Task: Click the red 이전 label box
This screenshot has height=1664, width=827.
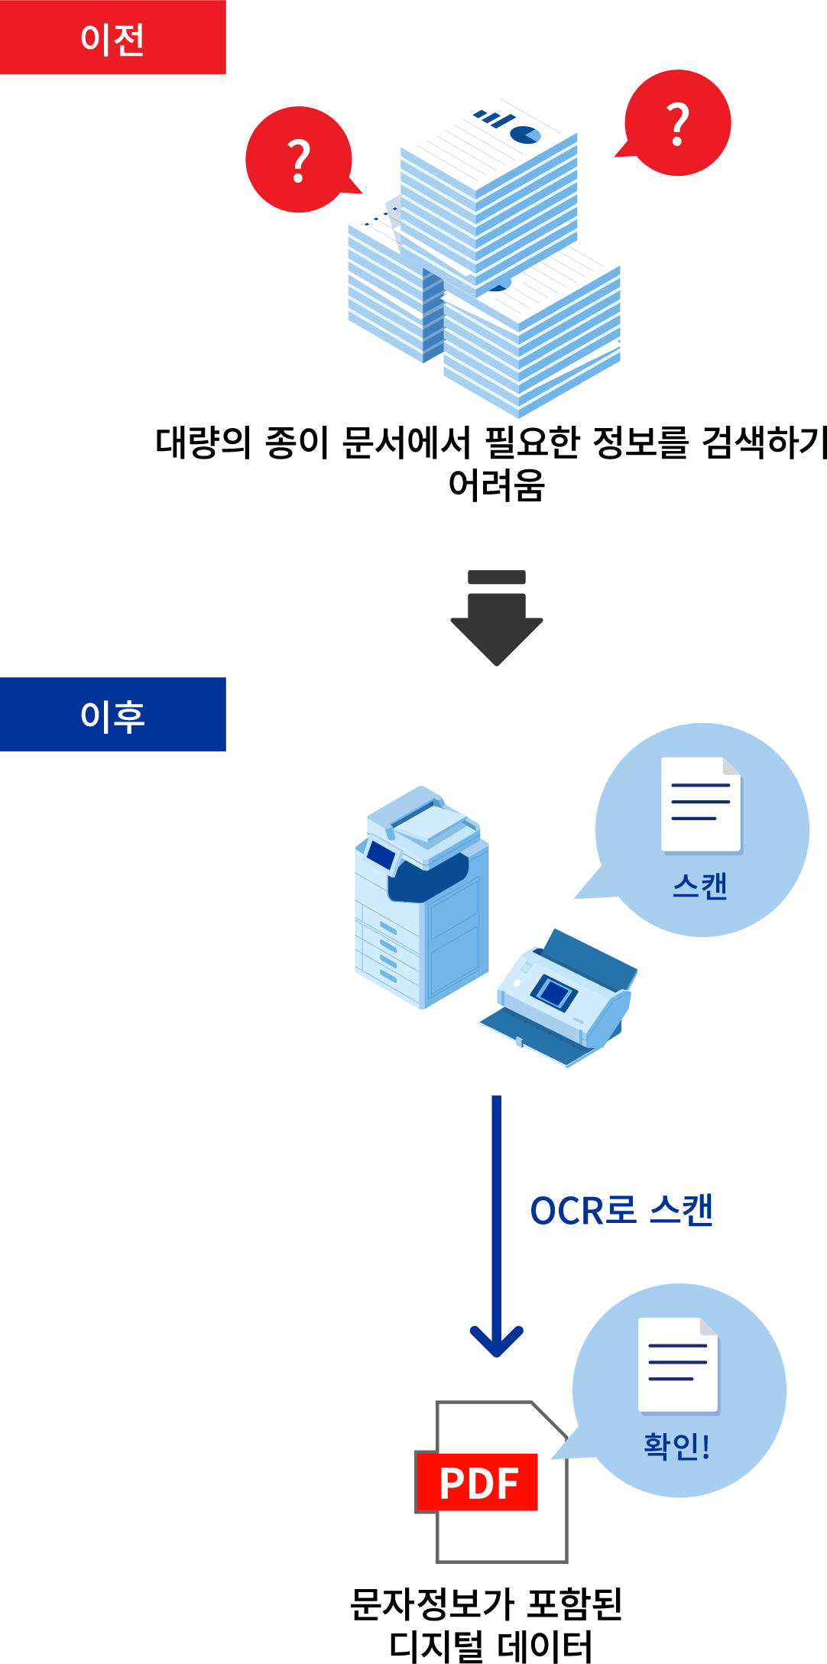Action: click(x=112, y=37)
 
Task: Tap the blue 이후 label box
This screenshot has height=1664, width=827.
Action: click(x=112, y=715)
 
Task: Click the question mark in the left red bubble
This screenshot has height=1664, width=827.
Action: click(x=299, y=161)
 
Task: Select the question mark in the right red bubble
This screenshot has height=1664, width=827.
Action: click(x=678, y=124)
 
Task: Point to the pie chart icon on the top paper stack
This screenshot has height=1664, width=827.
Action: click(x=525, y=135)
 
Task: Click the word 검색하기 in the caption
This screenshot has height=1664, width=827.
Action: click(x=764, y=443)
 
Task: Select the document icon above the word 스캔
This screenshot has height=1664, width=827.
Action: click(x=702, y=804)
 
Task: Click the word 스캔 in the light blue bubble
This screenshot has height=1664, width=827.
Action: click(x=700, y=887)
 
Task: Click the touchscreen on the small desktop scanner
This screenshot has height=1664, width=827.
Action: click(x=554, y=992)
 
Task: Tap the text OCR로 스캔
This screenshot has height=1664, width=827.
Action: click(x=621, y=1211)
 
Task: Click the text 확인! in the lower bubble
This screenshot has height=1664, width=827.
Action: click(x=677, y=1446)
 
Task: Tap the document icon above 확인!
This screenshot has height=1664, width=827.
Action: click(x=679, y=1364)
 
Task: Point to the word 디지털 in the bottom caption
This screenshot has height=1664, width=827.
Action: click(x=436, y=1646)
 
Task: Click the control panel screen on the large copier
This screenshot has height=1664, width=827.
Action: click(x=381, y=855)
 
